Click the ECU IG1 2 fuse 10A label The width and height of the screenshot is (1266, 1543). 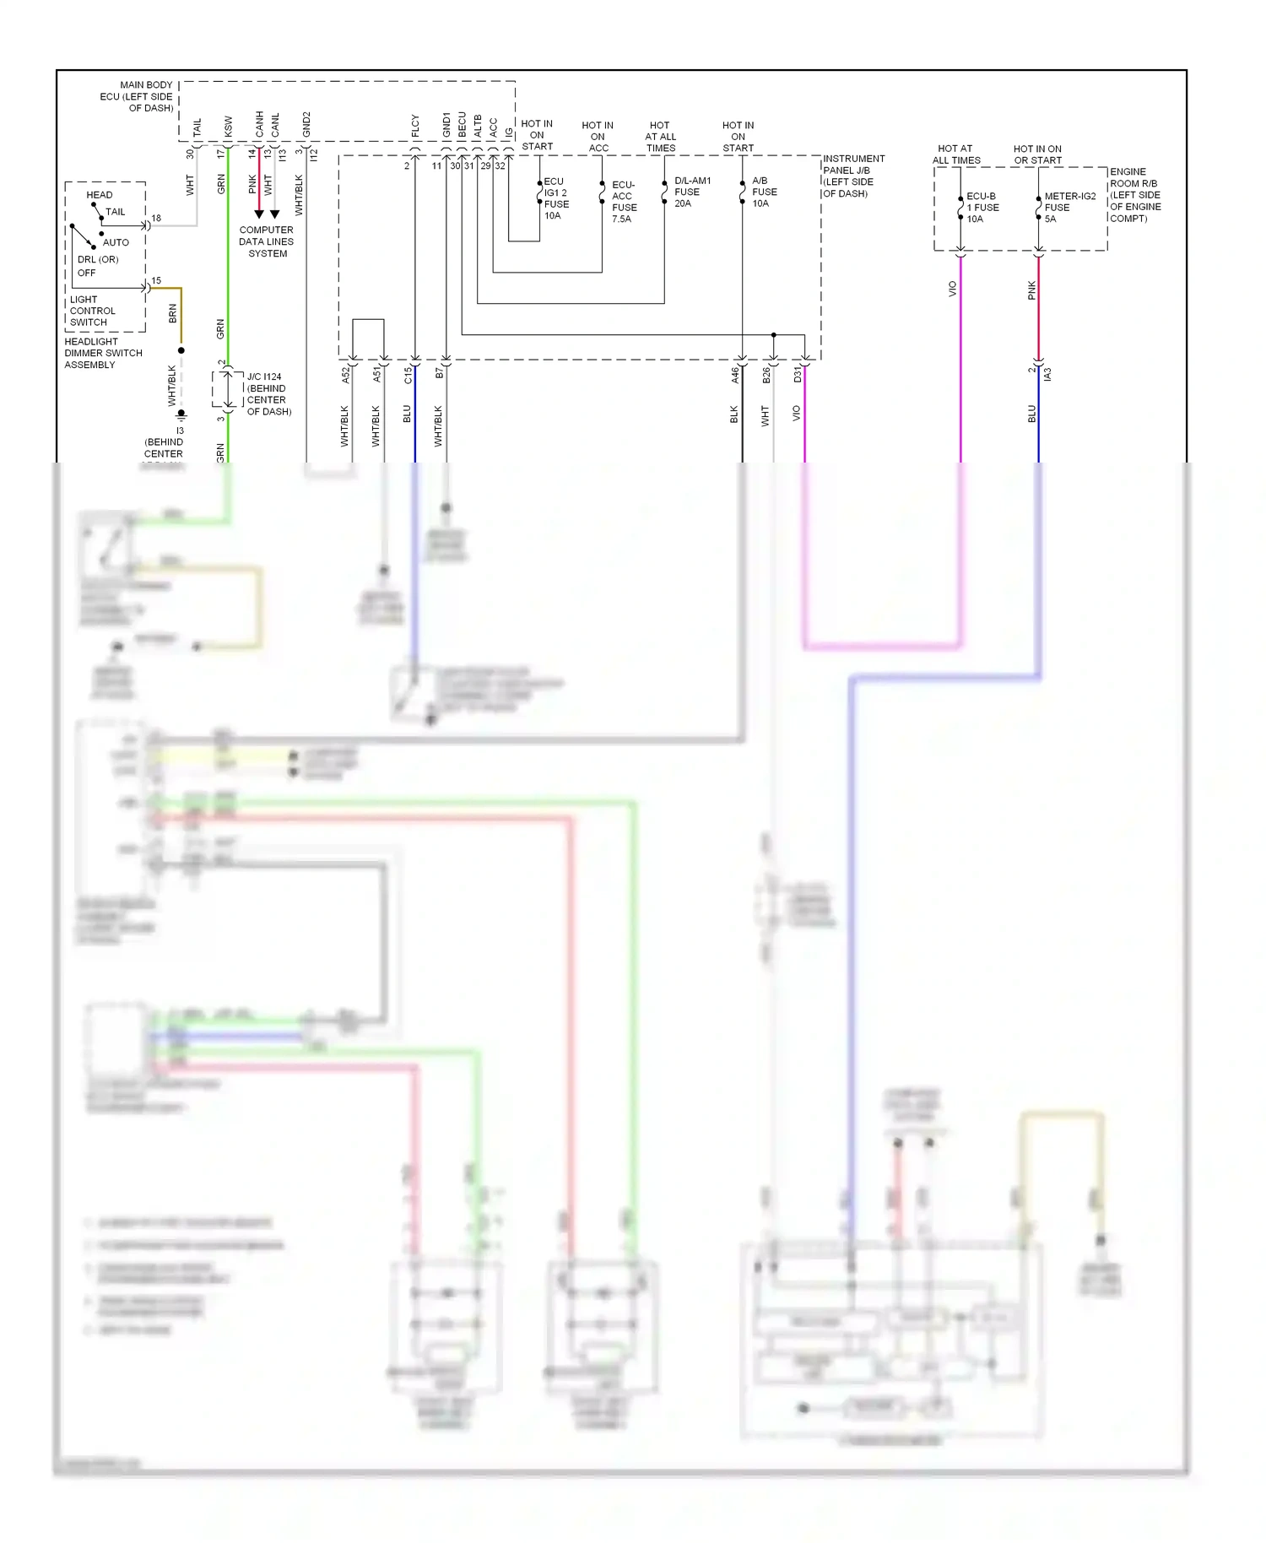[555, 198]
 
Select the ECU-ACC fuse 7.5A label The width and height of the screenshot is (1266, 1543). [624, 202]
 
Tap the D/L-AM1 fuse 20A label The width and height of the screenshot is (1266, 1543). [691, 192]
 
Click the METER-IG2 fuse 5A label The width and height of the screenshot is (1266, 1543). [1069, 207]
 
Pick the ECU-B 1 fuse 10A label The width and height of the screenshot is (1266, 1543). [982, 207]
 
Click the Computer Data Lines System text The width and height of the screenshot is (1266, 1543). [266, 241]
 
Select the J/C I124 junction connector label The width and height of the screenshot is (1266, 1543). [268, 394]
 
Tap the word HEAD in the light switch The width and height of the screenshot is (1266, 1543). [99, 195]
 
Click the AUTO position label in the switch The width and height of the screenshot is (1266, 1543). [116, 242]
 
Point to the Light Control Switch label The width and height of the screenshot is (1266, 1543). [92, 311]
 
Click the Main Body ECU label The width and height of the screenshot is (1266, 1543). [137, 96]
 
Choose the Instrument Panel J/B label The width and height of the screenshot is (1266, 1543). [852, 176]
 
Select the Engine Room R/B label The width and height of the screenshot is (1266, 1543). [1135, 195]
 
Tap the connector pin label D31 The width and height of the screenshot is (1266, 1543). [798, 374]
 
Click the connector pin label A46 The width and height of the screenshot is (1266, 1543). [735, 375]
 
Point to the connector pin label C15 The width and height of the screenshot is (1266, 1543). [408, 375]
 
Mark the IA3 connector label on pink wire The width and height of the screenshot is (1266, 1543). [1047, 373]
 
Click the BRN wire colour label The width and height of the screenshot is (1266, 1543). [173, 313]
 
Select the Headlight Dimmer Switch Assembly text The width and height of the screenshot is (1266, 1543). [103, 353]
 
